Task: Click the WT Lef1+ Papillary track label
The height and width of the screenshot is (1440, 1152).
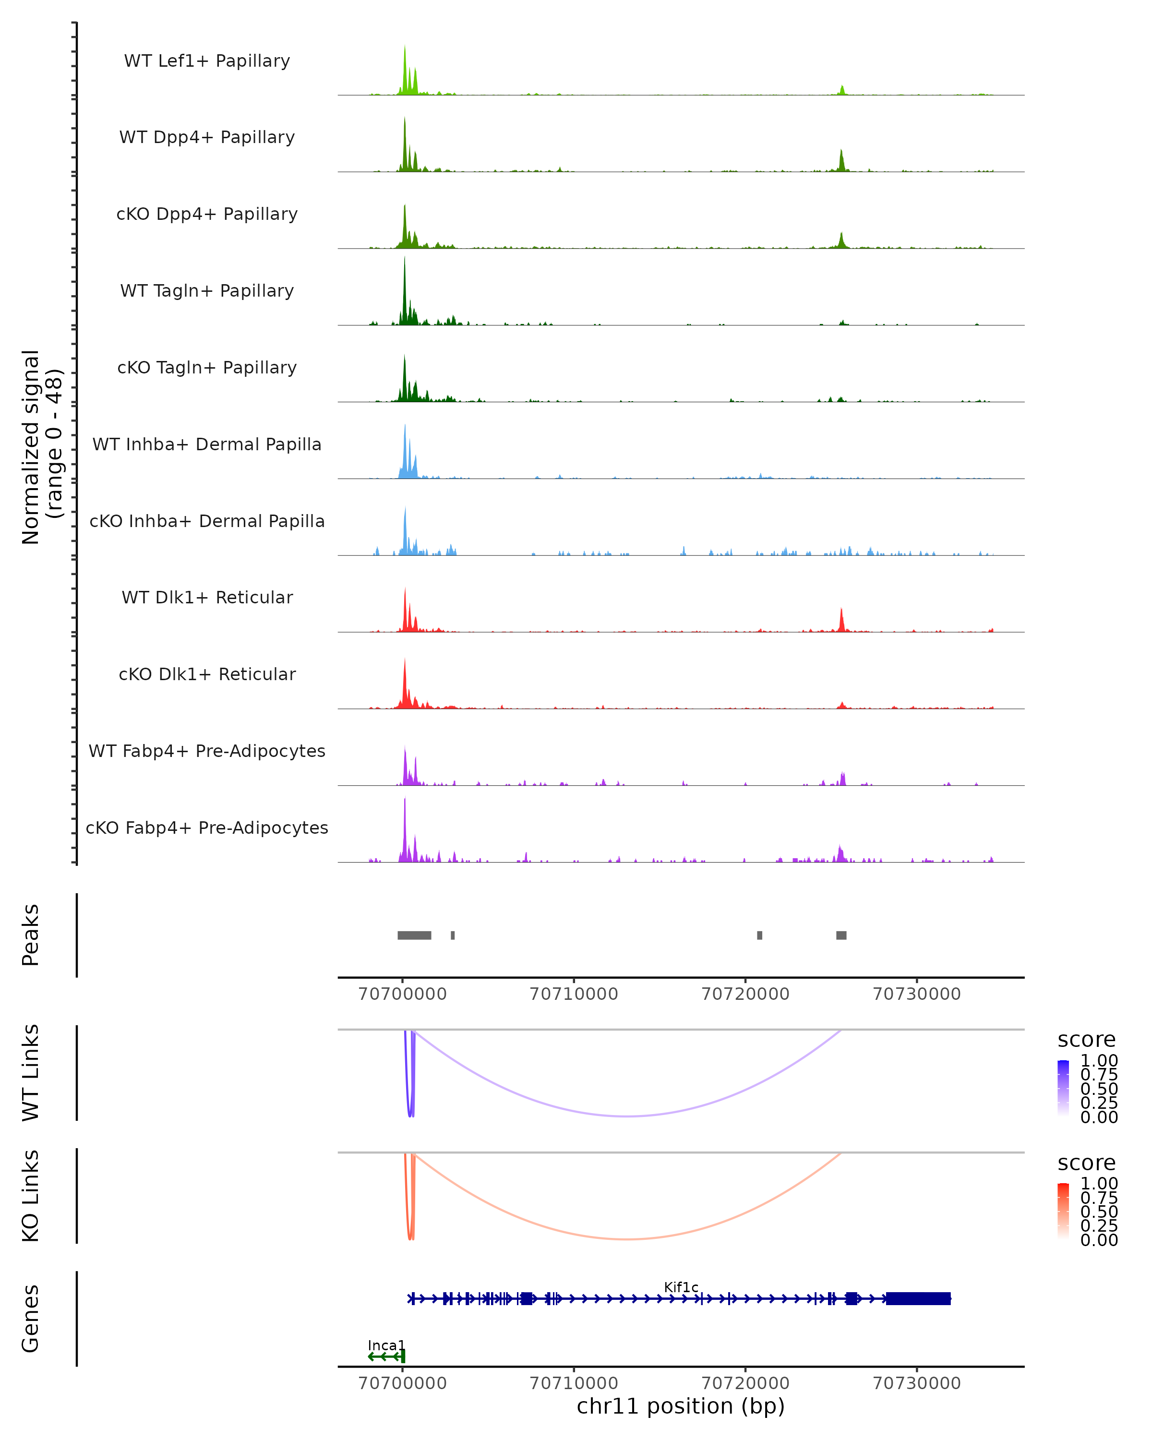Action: tap(207, 61)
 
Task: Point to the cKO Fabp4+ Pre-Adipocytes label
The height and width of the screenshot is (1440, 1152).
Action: tap(207, 828)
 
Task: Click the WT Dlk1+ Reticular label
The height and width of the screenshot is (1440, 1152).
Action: tap(207, 597)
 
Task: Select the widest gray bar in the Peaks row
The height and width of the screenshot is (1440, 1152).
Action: tap(414, 935)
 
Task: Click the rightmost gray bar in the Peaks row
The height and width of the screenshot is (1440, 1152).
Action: tap(841, 935)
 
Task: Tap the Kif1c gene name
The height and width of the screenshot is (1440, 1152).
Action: tap(681, 1287)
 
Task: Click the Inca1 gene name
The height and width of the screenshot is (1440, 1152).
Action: tap(386, 1345)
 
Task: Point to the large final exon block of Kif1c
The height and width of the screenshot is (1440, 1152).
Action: tap(918, 1298)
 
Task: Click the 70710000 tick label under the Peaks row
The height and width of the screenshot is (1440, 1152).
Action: tap(574, 994)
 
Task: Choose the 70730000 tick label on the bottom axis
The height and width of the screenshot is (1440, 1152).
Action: tap(917, 1383)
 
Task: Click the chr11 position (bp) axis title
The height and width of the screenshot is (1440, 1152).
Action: tap(681, 1406)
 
